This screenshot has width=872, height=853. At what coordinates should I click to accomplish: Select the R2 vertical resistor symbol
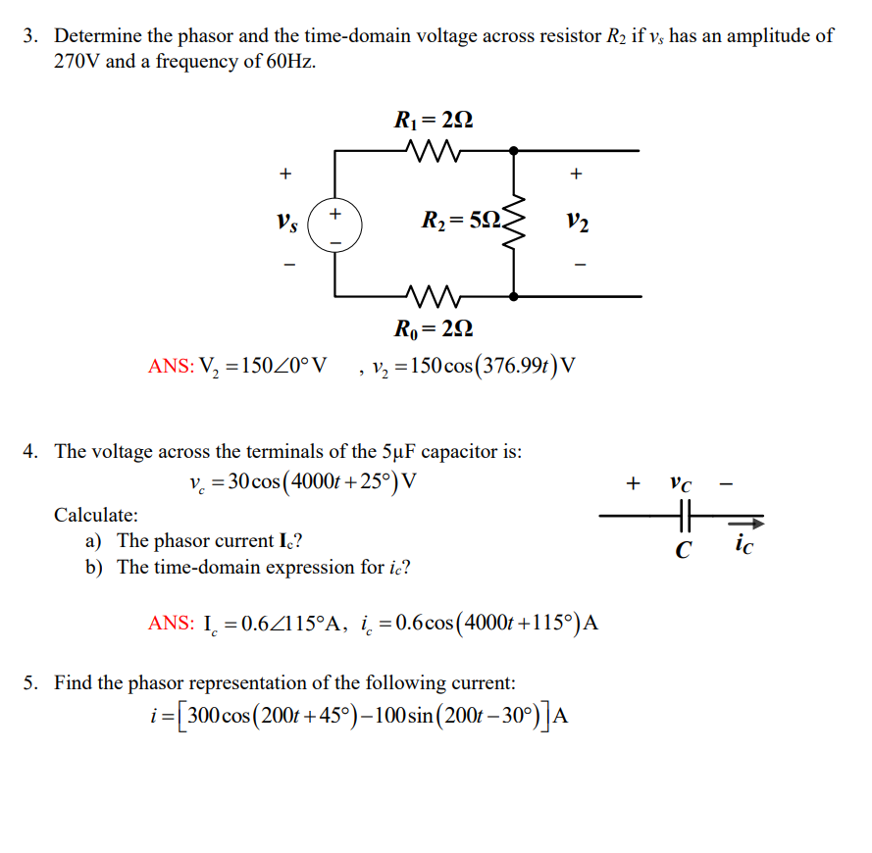click(513, 225)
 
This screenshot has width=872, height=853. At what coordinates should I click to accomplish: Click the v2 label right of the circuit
click(578, 224)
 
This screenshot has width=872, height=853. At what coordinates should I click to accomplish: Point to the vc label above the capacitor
click(681, 483)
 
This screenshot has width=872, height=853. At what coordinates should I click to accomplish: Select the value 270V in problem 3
click(76, 62)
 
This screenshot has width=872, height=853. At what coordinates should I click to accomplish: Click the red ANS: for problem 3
click(172, 367)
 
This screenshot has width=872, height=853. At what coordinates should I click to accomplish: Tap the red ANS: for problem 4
click(172, 623)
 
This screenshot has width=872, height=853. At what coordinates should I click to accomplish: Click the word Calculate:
click(96, 514)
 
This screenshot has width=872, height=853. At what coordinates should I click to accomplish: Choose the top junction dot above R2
click(513, 151)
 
